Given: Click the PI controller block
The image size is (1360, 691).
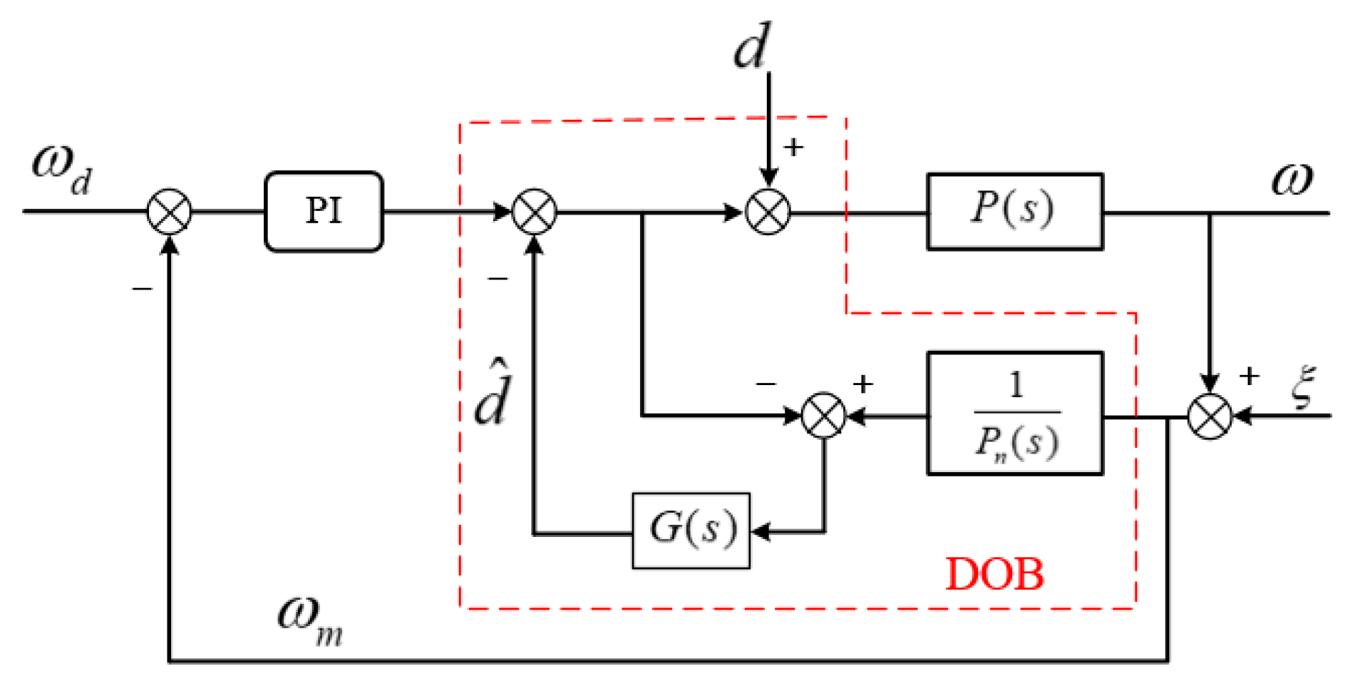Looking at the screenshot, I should tap(324, 211).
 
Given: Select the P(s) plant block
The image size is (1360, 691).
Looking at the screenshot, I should tap(1014, 211).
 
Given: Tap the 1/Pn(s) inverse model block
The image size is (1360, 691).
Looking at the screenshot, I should tap(1014, 413).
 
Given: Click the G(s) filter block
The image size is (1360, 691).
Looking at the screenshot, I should tap(690, 530).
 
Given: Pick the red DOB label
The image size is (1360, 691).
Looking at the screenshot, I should tap(994, 574).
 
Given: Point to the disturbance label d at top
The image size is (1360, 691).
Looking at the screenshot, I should tap(751, 46).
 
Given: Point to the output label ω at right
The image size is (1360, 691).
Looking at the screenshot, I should tap(1292, 179).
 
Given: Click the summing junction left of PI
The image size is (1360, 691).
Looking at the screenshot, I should tap(169, 212).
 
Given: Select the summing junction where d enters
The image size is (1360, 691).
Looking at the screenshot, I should tap(768, 212).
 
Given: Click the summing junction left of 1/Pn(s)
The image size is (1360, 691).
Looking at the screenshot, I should tap(823, 415).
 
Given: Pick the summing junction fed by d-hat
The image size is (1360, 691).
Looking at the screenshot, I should tap(534, 212).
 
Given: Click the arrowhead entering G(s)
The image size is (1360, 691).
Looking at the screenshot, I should tap(761, 531).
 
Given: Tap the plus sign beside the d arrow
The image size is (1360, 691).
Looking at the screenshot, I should tap(793, 147).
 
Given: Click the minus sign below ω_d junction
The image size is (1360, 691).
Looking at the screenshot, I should tap(142, 289).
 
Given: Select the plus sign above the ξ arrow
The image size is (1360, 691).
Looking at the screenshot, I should tap(1248, 376).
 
